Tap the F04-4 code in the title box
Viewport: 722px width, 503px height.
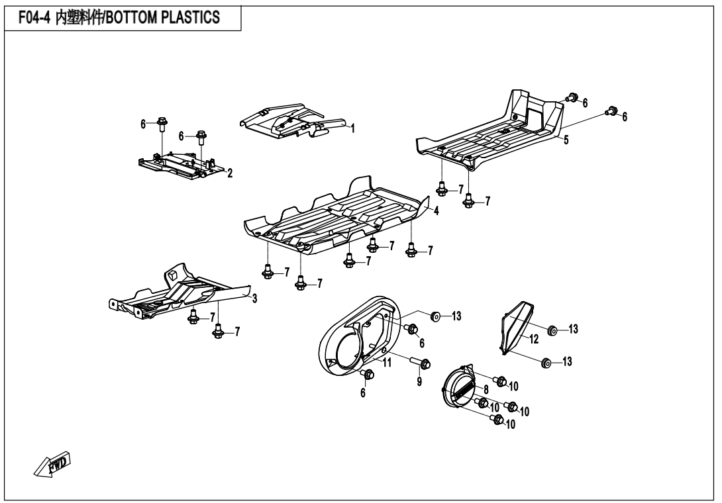tap(34, 18)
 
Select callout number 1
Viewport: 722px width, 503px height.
tap(352, 128)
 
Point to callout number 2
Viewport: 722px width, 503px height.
tap(231, 173)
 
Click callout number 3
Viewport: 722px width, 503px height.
tap(254, 298)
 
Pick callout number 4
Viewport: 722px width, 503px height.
tap(436, 210)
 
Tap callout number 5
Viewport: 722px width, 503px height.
tap(566, 140)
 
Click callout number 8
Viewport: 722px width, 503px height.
tap(486, 390)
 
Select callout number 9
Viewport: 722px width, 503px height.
tap(419, 381)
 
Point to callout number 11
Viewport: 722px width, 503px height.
tap(387, 363)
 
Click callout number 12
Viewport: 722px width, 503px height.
tap(534, 340)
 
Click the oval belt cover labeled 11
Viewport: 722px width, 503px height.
tap(359, 335)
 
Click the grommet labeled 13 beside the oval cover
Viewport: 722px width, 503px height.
tap(435, 316)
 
